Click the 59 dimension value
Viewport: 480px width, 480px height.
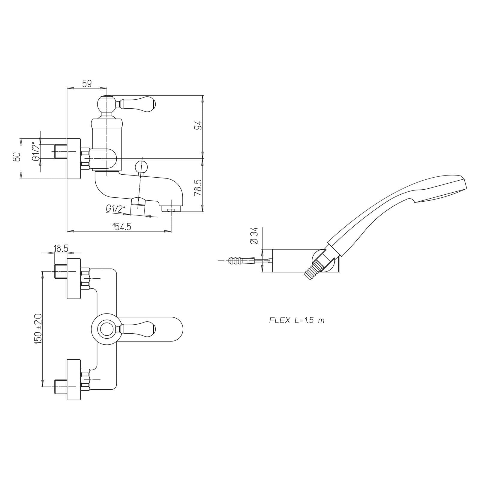pos(87,84)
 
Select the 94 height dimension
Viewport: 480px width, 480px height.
pos(198,125)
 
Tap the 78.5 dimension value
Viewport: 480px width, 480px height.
pos(198,188)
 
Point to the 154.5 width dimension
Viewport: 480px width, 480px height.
pos(122,227)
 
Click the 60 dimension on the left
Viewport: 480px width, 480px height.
pos(17,157)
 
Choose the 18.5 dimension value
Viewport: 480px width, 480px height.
pos(61,248)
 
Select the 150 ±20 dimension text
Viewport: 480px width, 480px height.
pos(38,329)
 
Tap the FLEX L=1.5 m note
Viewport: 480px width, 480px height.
pos(297,320)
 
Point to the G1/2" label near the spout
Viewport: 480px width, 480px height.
pos(115,208)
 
